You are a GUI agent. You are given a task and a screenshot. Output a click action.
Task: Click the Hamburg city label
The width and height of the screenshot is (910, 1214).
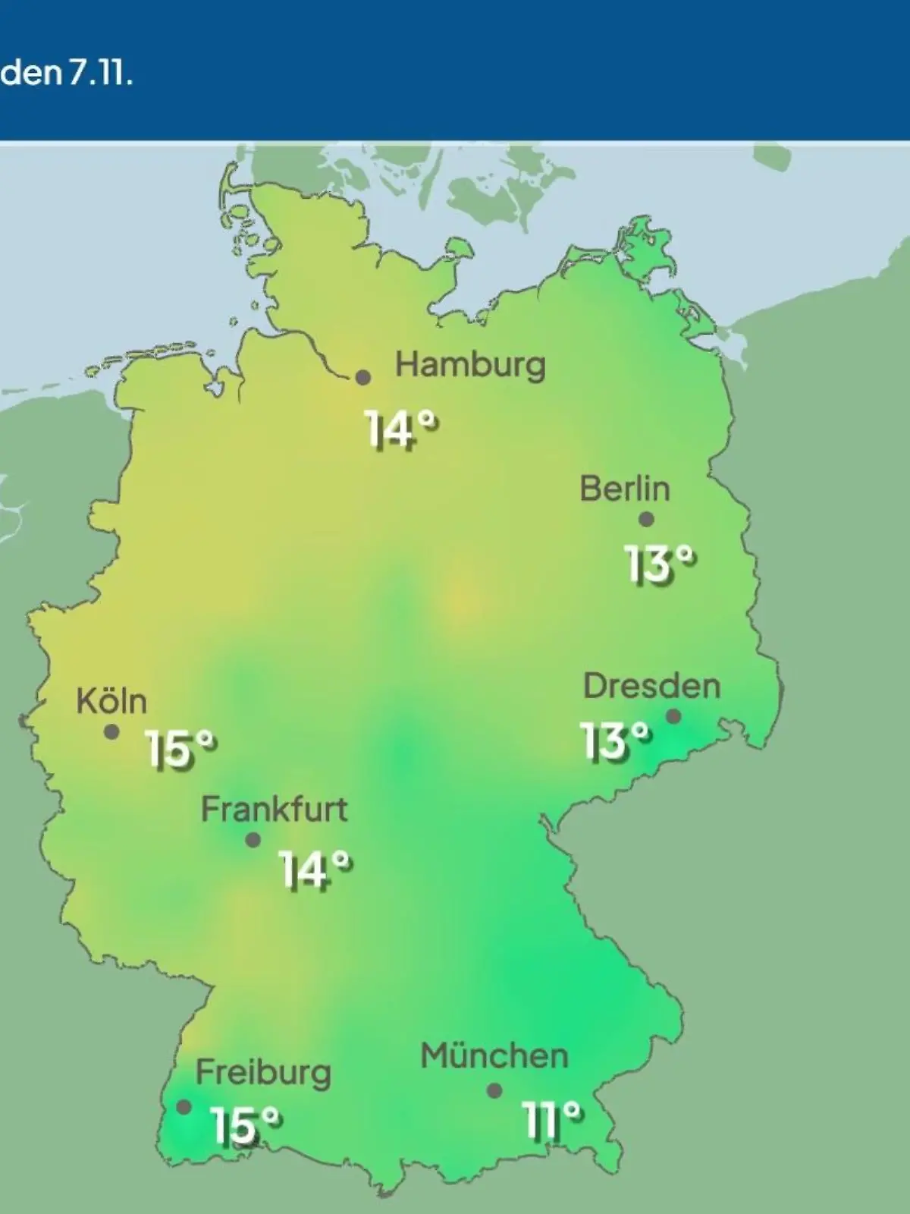[470, 366]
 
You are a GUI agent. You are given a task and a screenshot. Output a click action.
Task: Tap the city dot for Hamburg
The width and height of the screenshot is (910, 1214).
[364, 377]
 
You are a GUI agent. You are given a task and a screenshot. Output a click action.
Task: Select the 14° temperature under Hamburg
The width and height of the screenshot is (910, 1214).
[401, 429]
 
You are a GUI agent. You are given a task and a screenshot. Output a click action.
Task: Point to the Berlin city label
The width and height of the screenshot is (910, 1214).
[625, 489]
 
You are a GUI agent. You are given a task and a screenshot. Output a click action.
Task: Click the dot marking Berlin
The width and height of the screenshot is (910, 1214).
[646, 520]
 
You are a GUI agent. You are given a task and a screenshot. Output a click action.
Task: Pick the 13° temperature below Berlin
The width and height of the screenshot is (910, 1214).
[659, 565]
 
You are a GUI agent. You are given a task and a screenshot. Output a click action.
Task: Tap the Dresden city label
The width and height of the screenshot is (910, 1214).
[651, 687]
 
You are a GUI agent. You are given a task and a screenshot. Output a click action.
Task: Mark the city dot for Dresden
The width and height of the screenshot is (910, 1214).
[673, 716]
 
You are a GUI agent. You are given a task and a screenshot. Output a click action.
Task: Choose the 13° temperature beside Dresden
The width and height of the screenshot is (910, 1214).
[615, 741]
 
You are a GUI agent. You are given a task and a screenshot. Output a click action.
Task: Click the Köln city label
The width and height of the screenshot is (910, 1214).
[111, 702]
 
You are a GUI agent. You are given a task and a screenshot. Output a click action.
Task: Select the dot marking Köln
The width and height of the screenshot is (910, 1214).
[111, 732]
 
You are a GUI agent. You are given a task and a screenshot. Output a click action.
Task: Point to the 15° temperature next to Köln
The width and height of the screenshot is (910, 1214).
[180, 750]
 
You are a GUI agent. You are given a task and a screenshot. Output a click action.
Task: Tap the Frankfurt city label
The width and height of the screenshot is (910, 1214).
[274, 810]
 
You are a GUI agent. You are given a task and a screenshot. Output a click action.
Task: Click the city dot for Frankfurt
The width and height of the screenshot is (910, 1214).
[253, 841]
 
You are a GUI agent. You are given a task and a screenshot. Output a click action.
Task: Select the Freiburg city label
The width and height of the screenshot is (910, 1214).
[263, 1074]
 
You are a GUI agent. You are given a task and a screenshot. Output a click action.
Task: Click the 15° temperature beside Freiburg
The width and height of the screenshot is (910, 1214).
[246, 1125]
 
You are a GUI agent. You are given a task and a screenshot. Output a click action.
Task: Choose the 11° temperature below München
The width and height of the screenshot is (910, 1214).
[552, 1121]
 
